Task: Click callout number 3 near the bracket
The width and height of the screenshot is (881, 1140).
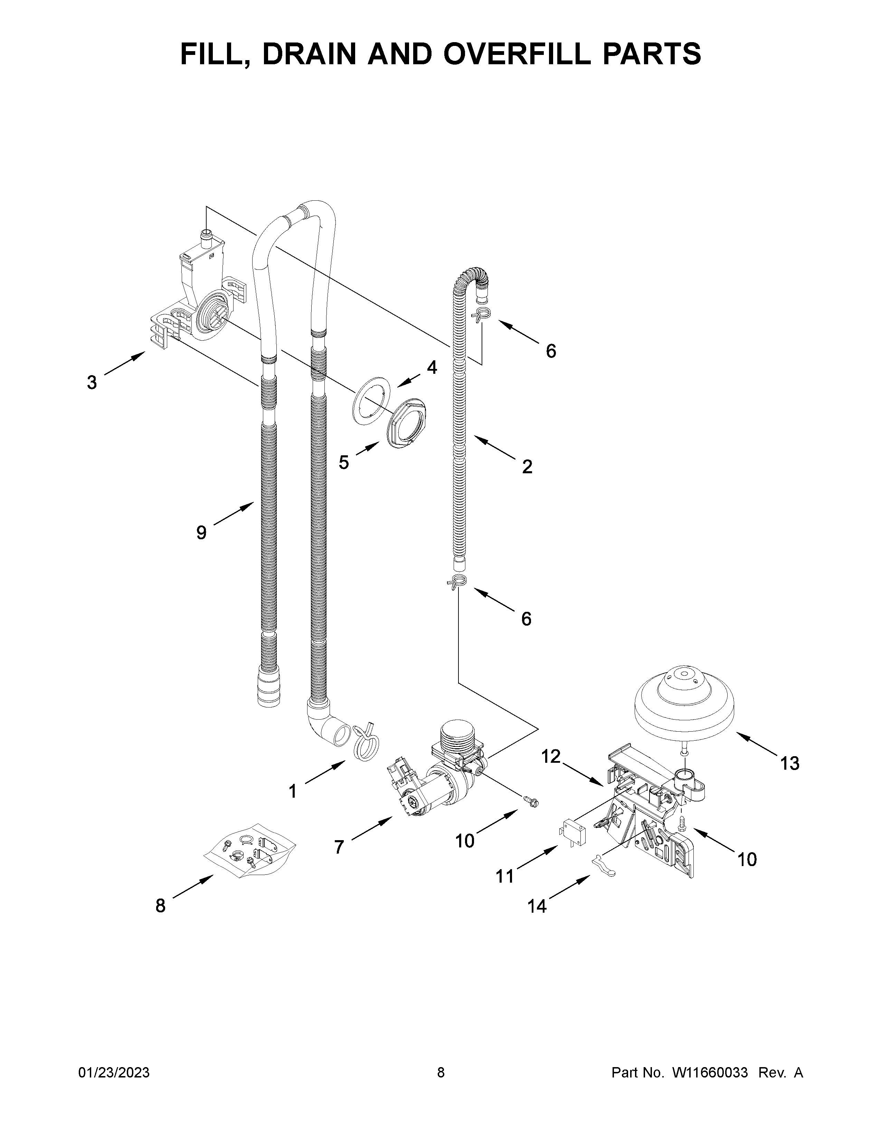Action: (x=92, y=383)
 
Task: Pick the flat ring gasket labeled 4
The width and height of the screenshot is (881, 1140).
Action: (x=371, y=402)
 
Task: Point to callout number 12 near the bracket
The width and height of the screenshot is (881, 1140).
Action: (x=551, y=756)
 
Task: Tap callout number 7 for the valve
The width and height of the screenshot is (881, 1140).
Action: (x=339, y=846)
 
